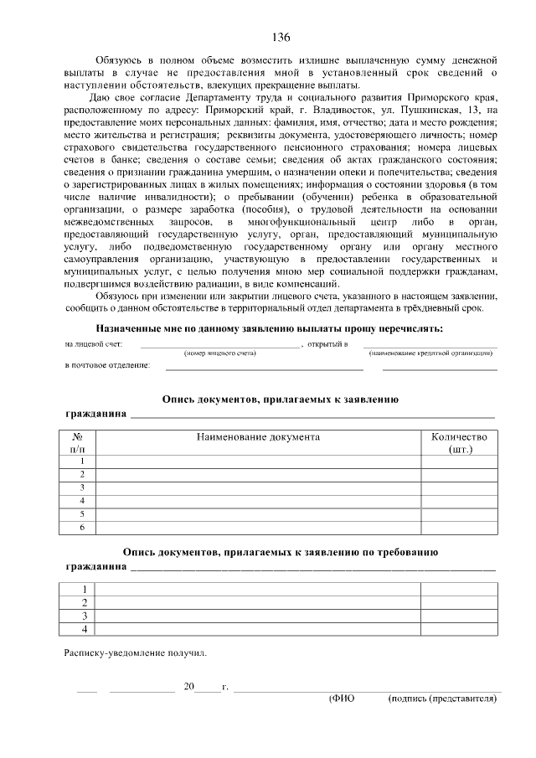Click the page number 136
click(281, 38)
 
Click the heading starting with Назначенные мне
click(270, 328)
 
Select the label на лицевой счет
click(94, 344)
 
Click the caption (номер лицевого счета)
click(220, 353)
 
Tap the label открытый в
click(329, 344)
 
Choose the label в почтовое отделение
click(108, 366)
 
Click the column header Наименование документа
click(258, 437)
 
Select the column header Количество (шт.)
click(458, 443)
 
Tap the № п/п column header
click(78, 443)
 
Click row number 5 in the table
click(82, 513)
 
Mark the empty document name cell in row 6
click(258, 528)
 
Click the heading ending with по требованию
click(279, 553)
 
